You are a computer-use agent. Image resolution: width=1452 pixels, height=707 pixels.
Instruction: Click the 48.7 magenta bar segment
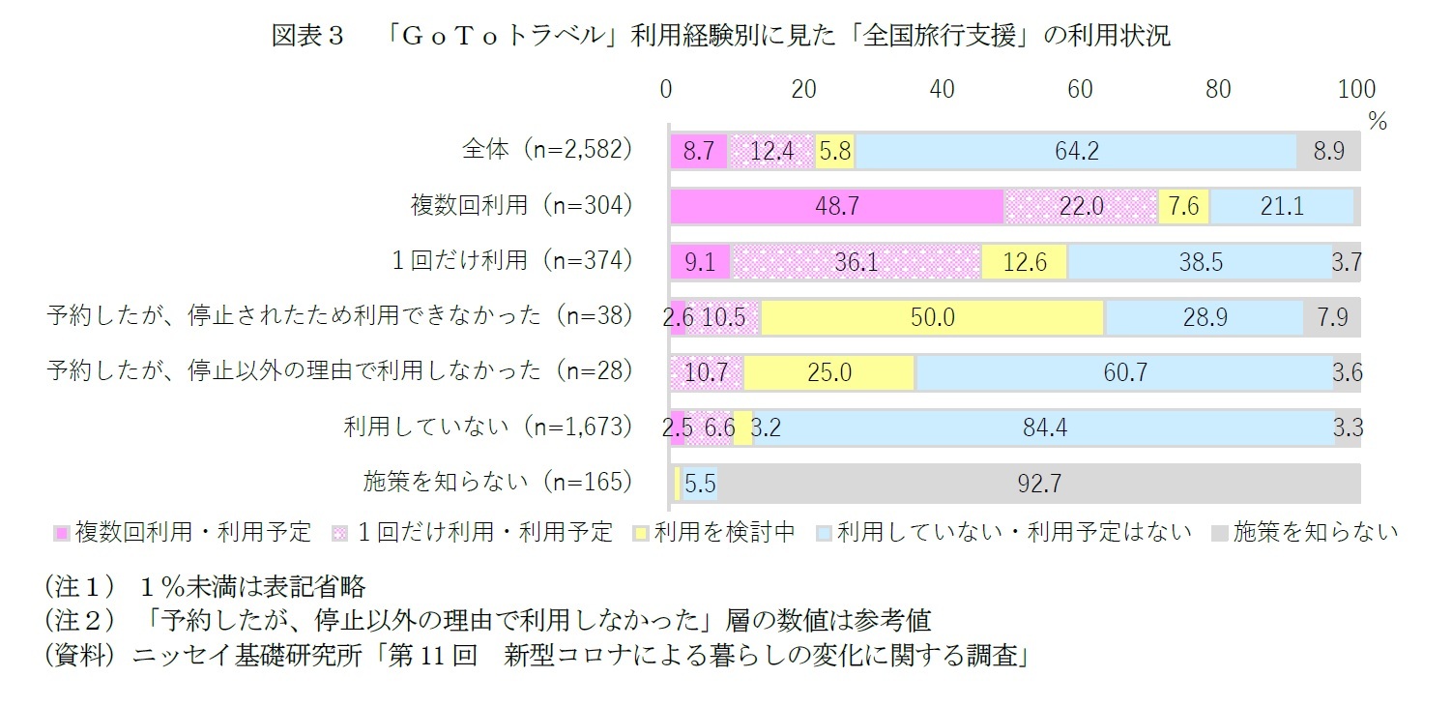click(x=837, y=206)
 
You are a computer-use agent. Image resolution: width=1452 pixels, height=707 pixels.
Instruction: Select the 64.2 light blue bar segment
click(x=1076, y=152)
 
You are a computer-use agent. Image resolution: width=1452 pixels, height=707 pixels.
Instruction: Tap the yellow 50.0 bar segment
click(x=933, y=316)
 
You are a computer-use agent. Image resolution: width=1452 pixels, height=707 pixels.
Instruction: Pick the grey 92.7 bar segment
click(x=1038, y=483)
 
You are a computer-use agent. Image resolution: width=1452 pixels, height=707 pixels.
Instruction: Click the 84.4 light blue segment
click(x=1044, y=427)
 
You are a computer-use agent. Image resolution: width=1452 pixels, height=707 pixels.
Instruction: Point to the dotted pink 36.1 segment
click(x=856, y=261)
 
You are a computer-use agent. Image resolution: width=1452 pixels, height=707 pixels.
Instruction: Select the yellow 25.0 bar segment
click(x=829, y=372)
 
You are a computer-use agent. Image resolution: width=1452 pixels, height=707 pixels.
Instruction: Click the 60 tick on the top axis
click(x=1080, y=89)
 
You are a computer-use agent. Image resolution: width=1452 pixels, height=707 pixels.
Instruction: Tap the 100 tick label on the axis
click(x=1355, y=89)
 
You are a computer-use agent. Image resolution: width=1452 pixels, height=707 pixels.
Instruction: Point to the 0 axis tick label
click(x=666, y=89)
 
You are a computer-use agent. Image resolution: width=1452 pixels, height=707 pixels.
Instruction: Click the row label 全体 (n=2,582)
click(x=547, y=150)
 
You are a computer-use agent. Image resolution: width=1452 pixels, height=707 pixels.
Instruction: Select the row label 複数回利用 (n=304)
click(x=521, y=205)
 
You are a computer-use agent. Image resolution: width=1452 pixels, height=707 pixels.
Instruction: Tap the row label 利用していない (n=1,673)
click(x=488, y=427)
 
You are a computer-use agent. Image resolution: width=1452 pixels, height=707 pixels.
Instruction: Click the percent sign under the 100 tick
click(x=1377, y=122)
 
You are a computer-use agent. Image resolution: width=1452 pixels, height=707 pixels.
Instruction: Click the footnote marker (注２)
click(x=78, y=620)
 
